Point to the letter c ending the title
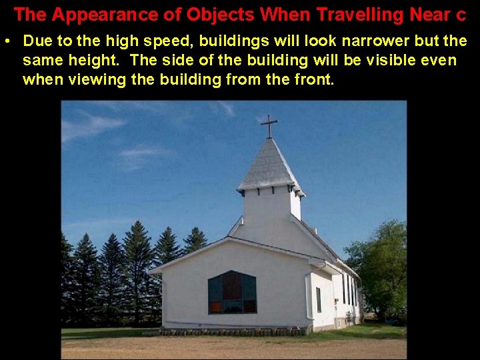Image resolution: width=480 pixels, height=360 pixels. pyautogui.click(x=461, y=15)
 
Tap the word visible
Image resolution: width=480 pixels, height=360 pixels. pyautogui.click(x=393, y=61)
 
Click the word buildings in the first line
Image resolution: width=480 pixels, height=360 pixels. pyautogui.click(x=205, y=41)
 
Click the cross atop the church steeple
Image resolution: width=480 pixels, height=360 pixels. pyautogui.click(x=269, y=125)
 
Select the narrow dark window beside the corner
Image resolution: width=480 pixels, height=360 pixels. pyautogui.click(x=318, y=300)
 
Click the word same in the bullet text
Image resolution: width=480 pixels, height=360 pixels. pyautogui.click(x=41, y=61)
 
